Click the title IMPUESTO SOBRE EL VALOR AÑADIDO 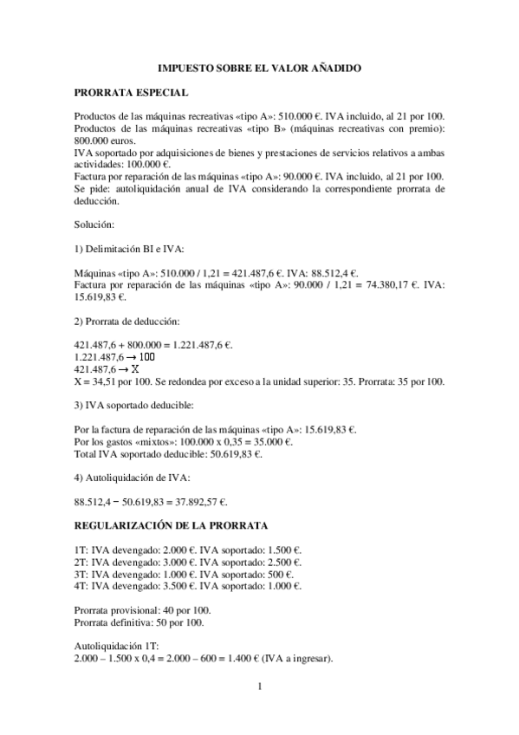coord(259,67)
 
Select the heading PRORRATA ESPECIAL coord(131,91)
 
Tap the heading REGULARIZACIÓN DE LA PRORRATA coord(171,525)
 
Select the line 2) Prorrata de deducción coord(127,321)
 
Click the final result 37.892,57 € coord(197,502)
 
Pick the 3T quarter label coord(82,574)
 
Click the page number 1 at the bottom coord(259,688)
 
